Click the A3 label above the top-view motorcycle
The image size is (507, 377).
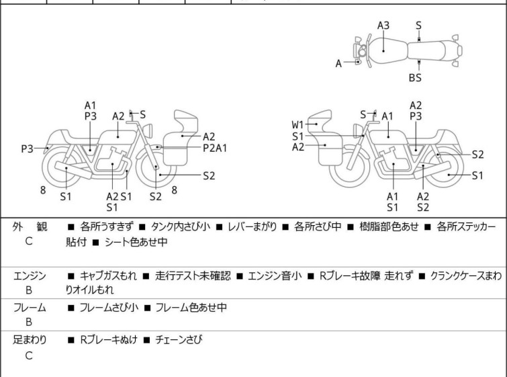click(x=383, y=26)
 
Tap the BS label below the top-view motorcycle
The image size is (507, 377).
click(x=415, y=78)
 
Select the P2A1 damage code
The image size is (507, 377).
click(x=215, y=147)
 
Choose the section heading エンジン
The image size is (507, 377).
click(x=30, y=276)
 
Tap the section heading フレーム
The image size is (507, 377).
click(x=30, y=308)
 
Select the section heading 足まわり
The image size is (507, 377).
click(x=30, y=340)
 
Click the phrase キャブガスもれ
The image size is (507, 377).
click(x=105, y=276)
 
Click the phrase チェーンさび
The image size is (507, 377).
click(x=179, y=340)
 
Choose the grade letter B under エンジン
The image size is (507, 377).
click(x=29, y=291)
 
